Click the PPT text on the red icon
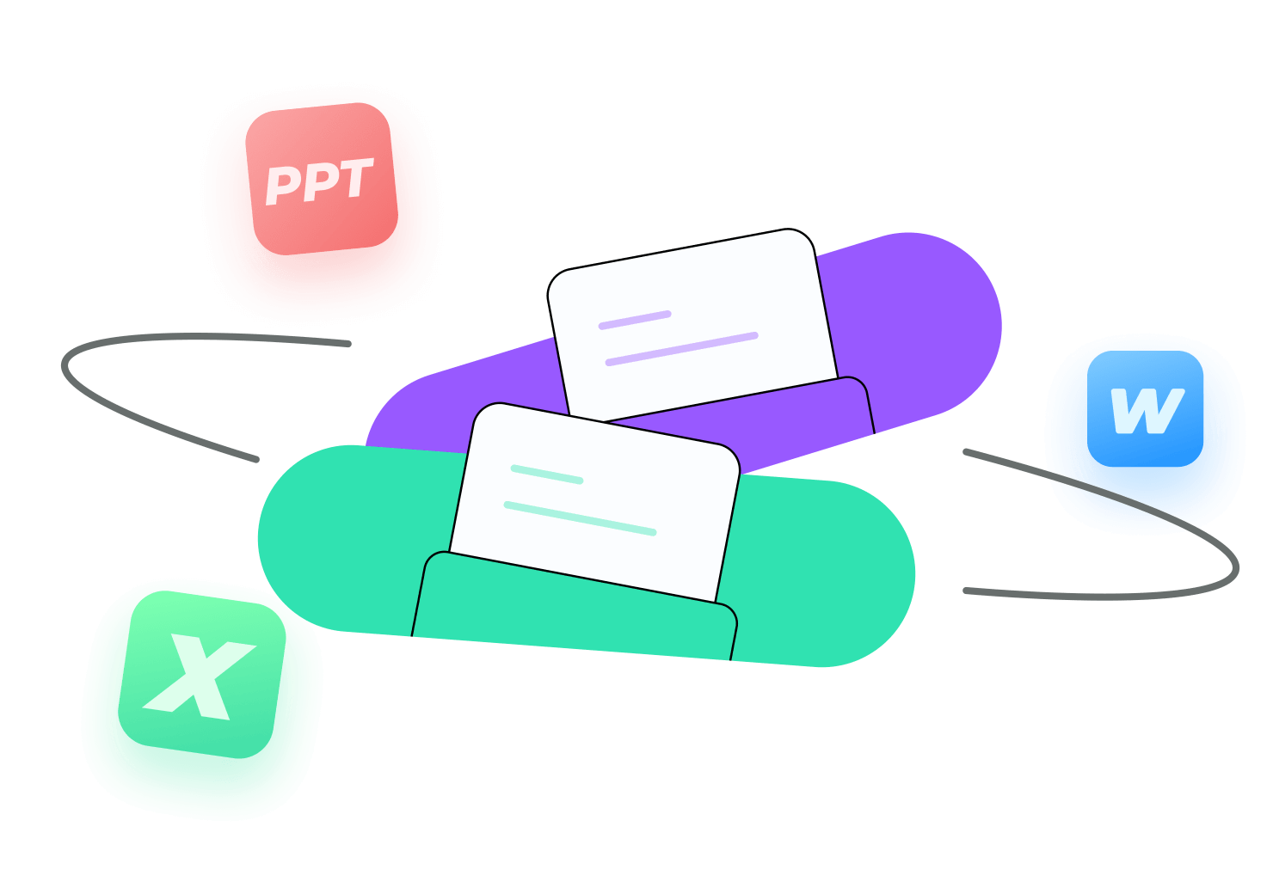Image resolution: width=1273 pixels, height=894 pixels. coord(319,182)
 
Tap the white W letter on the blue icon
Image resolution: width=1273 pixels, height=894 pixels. coord(1147,411)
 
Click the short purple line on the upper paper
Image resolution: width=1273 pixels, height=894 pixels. coord(635,320)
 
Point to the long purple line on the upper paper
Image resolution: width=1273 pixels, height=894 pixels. coord(681,349)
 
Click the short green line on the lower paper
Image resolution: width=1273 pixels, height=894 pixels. coord(547,474)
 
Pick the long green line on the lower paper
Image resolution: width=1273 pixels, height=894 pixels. coord(580,518)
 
